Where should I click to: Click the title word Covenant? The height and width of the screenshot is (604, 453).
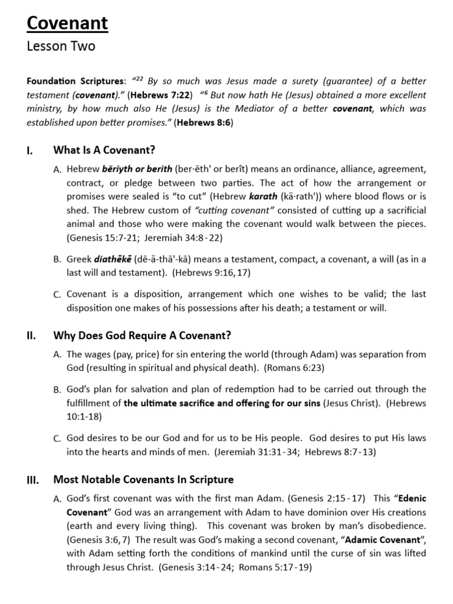[67, 23]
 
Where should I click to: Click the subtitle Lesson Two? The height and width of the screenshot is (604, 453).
[61, 47]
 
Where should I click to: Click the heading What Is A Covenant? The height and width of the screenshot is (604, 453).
[104, 150]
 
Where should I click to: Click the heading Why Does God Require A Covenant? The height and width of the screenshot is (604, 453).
[142, 336]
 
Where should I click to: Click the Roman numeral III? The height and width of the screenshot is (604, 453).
[32, 480]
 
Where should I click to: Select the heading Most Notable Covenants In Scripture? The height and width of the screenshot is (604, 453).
[143, 480]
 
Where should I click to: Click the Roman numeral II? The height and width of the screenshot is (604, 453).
[31, 336]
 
